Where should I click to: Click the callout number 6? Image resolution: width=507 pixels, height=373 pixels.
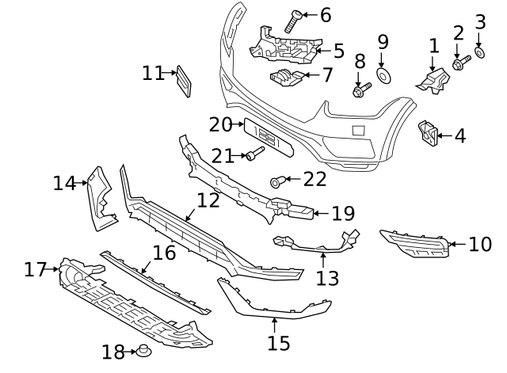pos(326,15)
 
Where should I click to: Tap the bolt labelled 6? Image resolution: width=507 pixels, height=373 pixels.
pos(294,20)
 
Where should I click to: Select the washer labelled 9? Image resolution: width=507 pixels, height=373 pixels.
pos(383,76)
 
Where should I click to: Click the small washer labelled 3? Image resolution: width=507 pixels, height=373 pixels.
pos(480,53)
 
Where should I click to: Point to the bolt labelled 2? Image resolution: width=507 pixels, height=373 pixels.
pos(458,63)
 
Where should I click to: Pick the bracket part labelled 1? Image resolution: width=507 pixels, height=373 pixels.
pos(431,80)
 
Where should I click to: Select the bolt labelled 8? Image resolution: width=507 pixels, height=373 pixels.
pos(359,90)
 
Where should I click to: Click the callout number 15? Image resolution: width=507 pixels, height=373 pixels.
pos(278,343)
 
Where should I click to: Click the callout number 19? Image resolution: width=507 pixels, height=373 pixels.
pos(343,213)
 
